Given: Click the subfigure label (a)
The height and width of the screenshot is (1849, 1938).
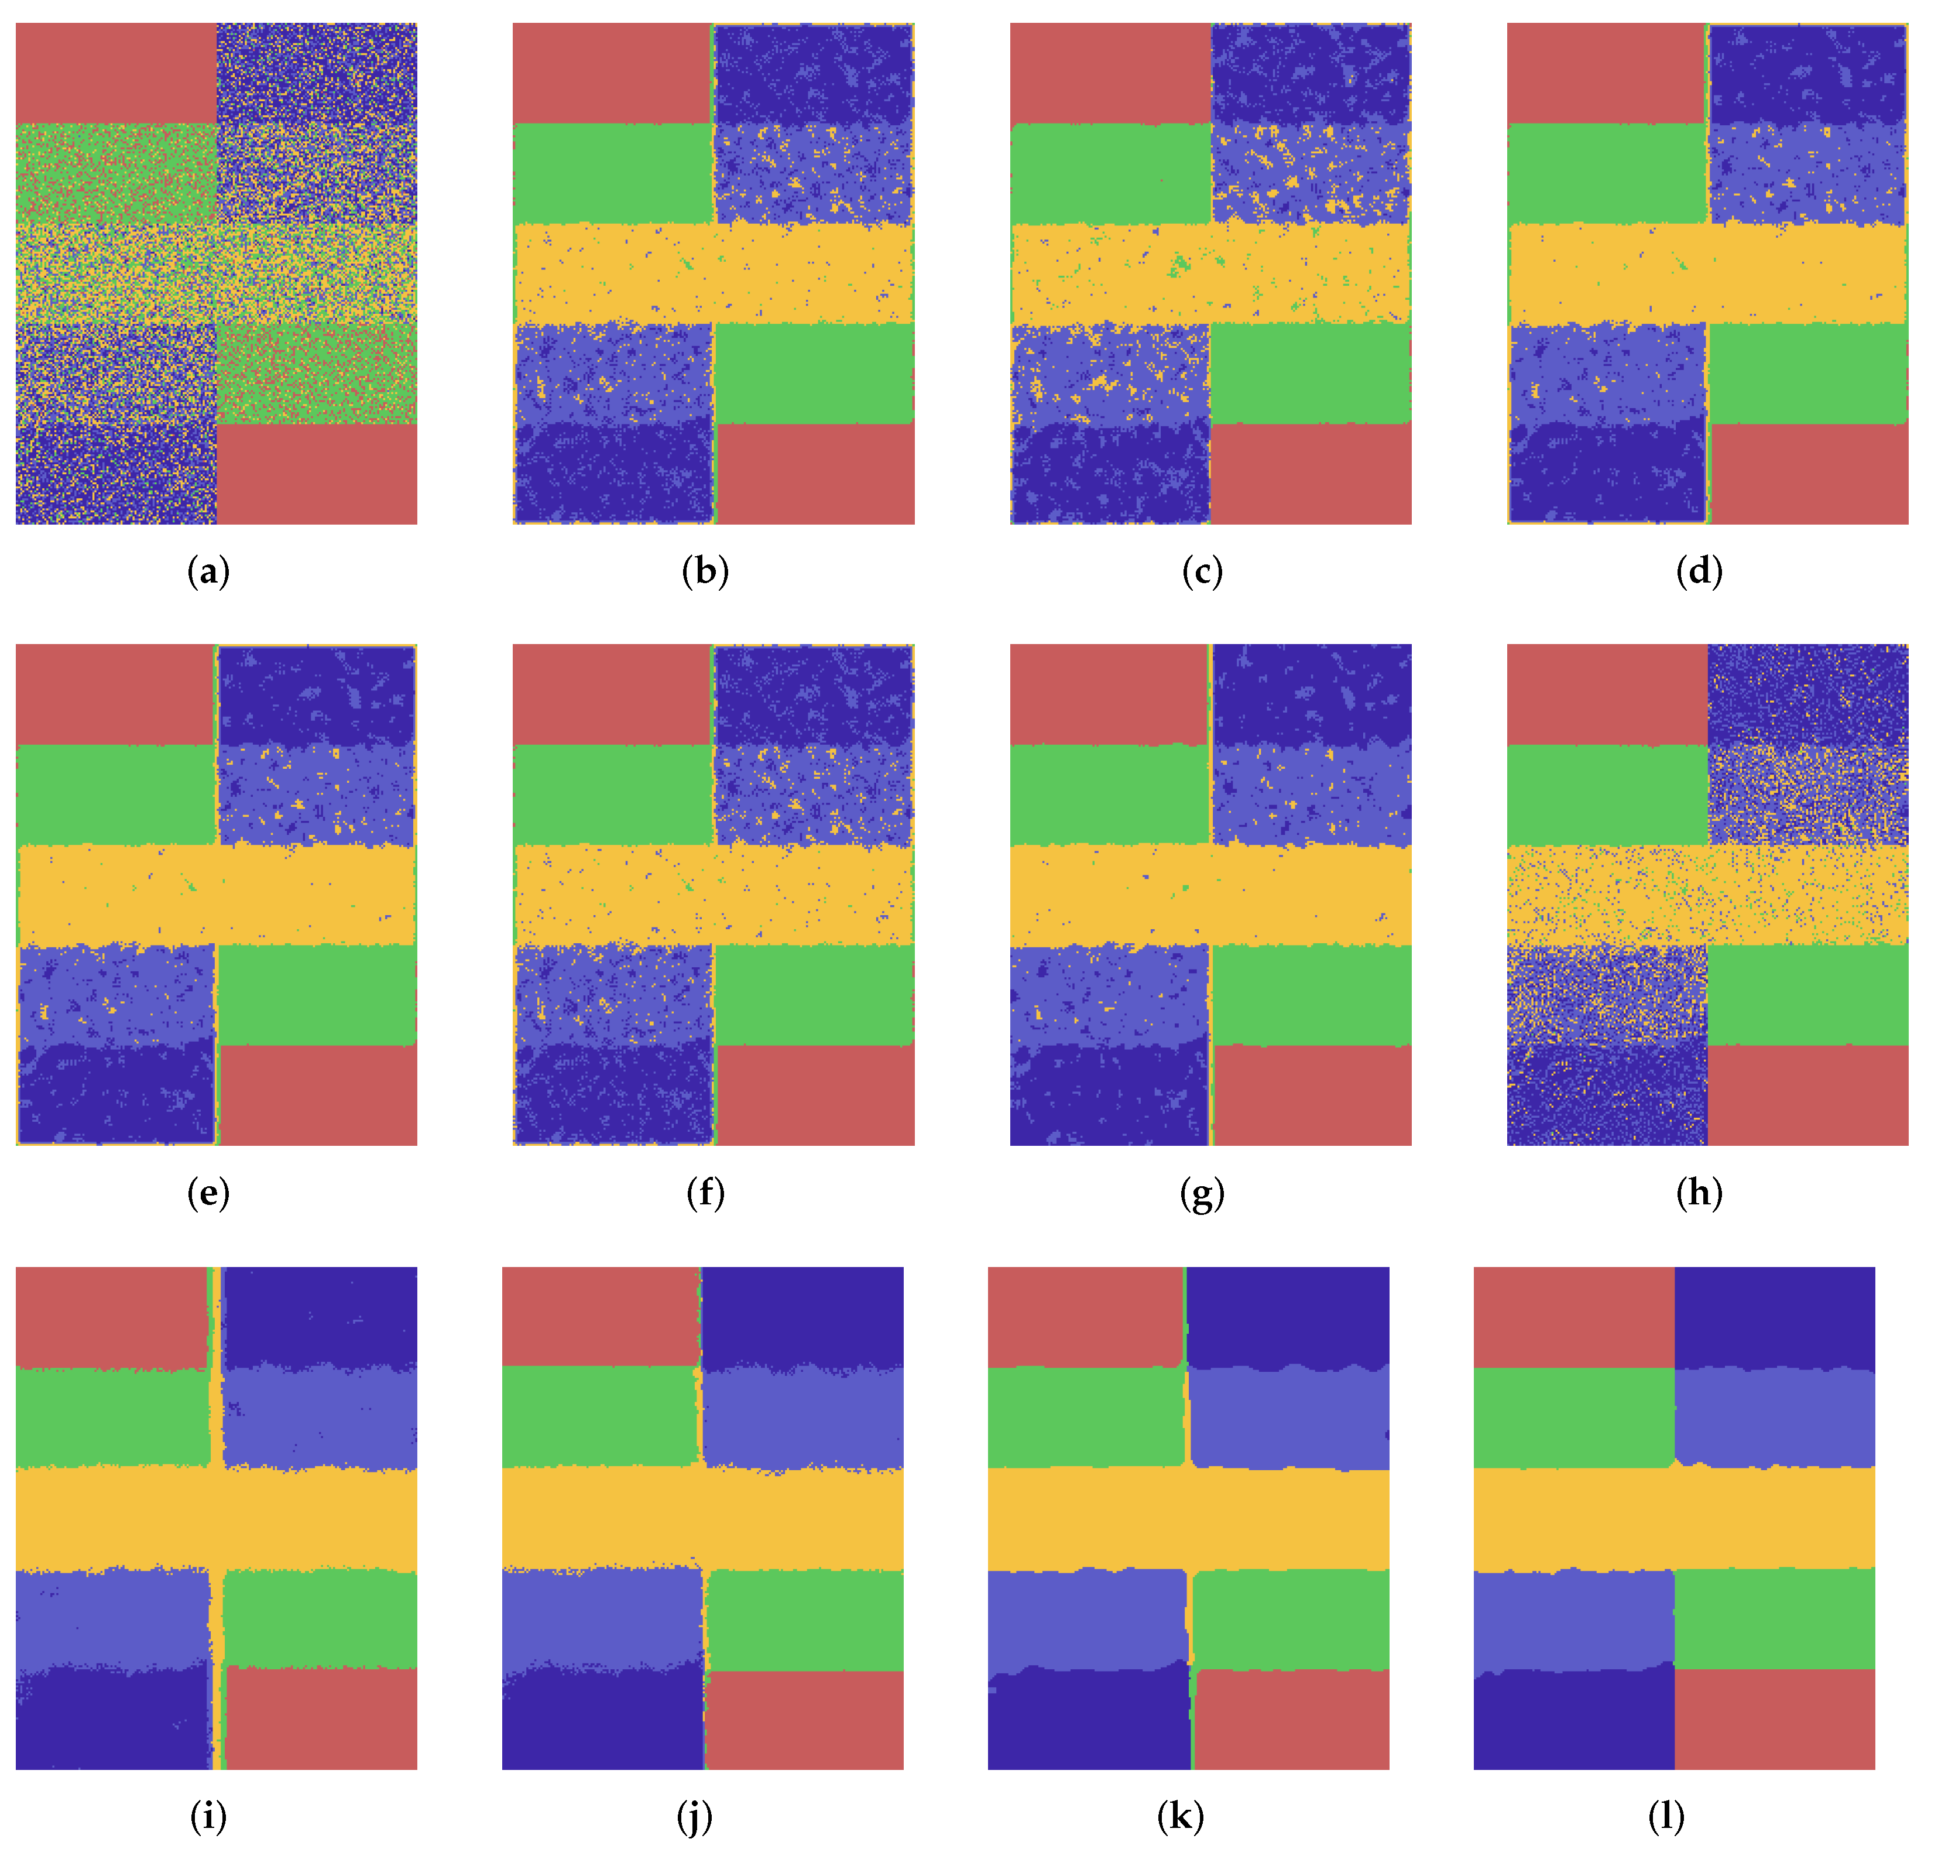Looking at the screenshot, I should (x=208, y=571).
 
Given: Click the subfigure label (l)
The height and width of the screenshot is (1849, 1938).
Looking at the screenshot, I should (x=1666, y=1816).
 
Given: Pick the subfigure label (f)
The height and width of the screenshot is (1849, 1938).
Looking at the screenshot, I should (x=705, y=1194).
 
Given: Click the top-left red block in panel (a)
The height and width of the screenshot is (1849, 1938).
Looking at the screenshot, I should (x=115, y=73).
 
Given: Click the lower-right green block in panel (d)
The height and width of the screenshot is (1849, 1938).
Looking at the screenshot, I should (x=1808, y=374).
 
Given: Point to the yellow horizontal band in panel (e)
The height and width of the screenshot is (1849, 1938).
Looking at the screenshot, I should (x=216, y=895).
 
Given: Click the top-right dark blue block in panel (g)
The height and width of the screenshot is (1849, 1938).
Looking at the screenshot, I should (x=1311, y=694).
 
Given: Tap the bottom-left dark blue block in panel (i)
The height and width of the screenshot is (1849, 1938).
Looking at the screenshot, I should (x=111, y=1719).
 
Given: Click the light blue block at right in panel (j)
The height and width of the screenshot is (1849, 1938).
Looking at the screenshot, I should (x=803, y=1417).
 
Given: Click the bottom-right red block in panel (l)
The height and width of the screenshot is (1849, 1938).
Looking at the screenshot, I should (x=1775, y=1719).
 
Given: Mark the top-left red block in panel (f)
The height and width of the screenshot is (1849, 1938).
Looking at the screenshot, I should (x=612, y=694).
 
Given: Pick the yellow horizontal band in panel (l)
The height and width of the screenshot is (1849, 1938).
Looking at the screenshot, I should (x=1674, y=1518).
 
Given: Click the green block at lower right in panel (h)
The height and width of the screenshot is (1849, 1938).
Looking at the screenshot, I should (x=1808, y=995).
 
